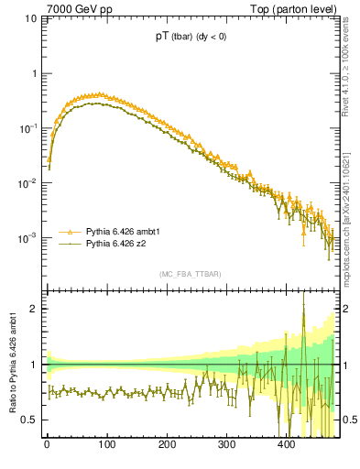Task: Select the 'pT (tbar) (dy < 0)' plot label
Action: [x=192, y=38]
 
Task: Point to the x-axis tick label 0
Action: [x=47, y=444]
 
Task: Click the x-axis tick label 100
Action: [x=106, y=444]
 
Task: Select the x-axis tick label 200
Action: [x=167, y=444]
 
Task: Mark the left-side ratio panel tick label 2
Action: [x=33, y=309]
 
